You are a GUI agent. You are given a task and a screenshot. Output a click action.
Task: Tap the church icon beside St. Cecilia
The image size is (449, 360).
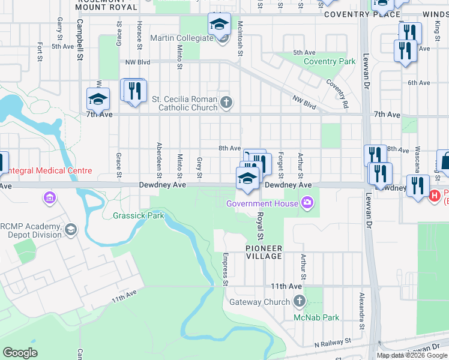226,101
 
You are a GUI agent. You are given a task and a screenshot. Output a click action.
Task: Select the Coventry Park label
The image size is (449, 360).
330,62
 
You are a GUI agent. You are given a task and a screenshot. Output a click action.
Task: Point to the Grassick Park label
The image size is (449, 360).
138,215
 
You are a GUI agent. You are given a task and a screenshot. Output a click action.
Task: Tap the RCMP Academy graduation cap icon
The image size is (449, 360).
71,230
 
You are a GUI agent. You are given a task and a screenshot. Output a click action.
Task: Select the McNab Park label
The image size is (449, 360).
316,317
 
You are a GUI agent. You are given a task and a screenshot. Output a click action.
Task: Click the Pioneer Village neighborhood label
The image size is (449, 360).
264,252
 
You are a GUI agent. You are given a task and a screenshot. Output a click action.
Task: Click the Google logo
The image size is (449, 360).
20,353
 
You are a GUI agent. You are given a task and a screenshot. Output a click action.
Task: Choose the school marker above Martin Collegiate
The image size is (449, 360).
219,25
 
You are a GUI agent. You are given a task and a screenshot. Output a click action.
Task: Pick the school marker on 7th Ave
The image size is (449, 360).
98,99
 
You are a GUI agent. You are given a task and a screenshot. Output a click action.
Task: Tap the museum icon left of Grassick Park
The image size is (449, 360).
50,197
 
